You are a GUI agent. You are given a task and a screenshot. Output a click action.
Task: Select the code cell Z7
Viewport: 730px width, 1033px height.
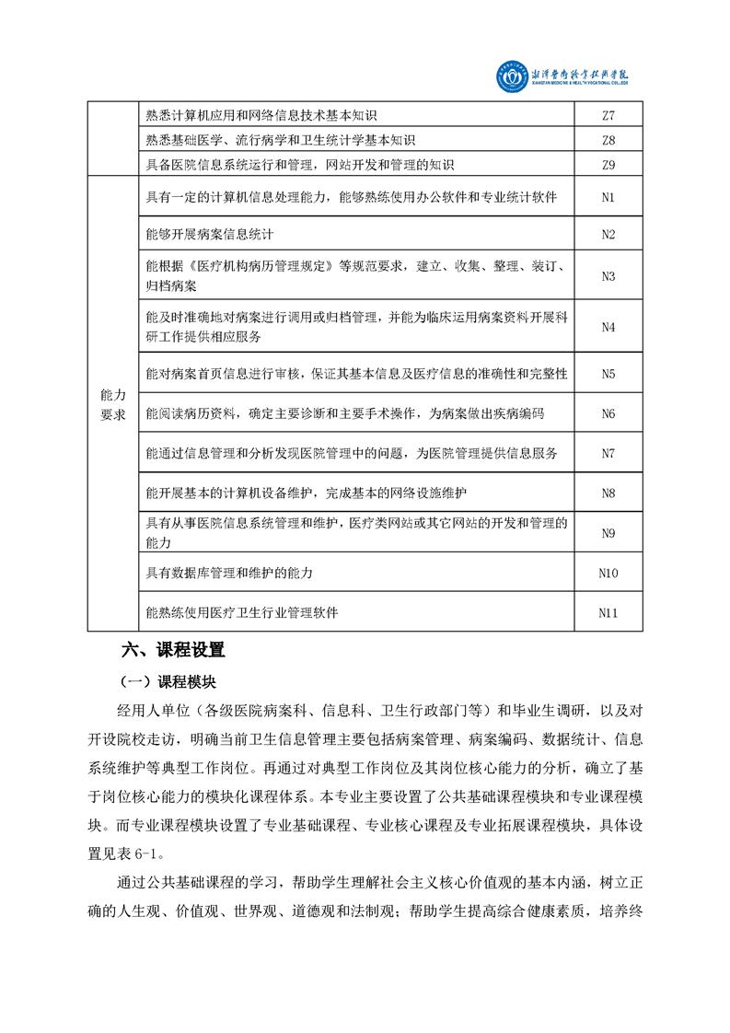point(608,116)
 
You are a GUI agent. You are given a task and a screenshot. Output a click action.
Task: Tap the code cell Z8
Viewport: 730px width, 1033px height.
point(608,141)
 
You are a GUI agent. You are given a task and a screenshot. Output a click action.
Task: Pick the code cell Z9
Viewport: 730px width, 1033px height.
point(608,166)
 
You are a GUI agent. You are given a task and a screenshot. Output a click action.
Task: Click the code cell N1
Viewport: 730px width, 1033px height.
point(608,198)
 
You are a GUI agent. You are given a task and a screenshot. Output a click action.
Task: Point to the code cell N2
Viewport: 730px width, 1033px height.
point(608,234)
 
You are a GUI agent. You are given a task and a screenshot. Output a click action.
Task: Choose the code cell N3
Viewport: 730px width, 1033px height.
point(608,276)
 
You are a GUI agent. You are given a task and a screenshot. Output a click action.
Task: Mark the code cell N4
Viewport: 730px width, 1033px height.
point(608,327)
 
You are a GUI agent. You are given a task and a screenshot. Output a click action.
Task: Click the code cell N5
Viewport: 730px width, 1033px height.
point(608,374)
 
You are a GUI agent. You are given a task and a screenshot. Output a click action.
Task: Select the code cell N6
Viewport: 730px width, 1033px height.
point(608,413)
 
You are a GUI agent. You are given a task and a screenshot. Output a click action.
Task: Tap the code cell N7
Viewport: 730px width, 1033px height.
point(608,453)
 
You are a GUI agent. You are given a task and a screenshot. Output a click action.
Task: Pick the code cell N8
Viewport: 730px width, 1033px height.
point(608,493)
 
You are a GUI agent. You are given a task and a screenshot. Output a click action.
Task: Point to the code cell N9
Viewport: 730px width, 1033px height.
point(608,533)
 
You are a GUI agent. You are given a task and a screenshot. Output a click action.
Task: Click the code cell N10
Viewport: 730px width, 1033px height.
point(608,573)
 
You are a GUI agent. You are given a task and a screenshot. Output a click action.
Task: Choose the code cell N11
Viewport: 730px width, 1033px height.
point(608,612)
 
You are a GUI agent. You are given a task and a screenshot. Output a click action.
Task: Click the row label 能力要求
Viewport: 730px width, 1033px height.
point(111,404)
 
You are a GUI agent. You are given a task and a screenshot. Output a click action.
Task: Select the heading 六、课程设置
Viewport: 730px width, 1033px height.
point(173,650)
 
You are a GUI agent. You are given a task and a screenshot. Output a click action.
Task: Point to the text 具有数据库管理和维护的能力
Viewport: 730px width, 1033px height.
point(229,573)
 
